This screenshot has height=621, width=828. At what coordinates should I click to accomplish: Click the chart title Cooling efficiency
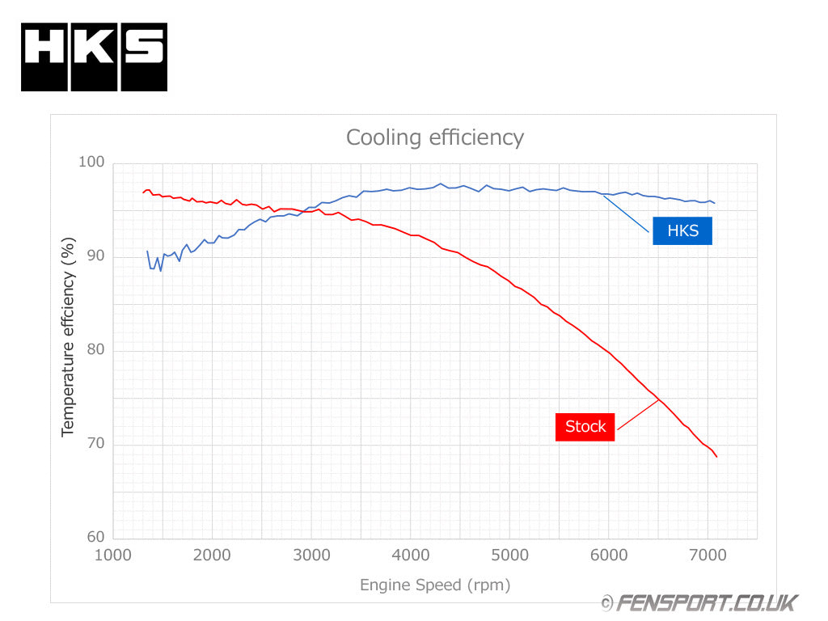(x=435, y=137)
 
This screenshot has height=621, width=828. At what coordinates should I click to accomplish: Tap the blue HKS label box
(x=682, y=230)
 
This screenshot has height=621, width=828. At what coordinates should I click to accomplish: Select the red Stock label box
(x=585, y=426)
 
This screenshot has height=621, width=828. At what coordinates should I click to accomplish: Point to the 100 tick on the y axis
(x=91, y=163)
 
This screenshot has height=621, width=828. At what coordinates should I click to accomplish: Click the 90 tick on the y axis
(x=95, y=256)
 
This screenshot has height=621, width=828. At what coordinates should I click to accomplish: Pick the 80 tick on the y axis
(x=95, y=350)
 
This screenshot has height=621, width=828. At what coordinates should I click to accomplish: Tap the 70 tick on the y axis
(x=95, y=444)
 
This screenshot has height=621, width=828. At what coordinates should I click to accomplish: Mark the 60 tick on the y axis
(x=95, y=537)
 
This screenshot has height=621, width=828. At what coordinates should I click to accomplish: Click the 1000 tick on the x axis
(x=112, y=555)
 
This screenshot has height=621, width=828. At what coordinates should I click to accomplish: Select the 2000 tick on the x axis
(x=212, y=555)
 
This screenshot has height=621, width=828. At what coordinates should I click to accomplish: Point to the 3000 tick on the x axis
(x=311, y=555)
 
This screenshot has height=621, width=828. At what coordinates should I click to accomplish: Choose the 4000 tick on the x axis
(x=411, y=555)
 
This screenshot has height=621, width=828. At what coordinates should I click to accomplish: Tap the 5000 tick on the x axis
(x=509, y=555)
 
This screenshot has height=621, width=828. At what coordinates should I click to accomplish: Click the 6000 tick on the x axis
(x=609, y=555)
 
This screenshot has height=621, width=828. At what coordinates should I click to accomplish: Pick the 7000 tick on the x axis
(x=708, y=555)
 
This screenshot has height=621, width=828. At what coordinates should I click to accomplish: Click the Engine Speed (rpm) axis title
(x=435, y=585)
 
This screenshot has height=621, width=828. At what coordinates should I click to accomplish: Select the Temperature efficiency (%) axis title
(x=68, y=336)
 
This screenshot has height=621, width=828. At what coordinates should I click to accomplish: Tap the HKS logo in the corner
(x=94, y=57)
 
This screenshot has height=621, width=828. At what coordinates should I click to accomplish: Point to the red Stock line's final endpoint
(x=716, y=457)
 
